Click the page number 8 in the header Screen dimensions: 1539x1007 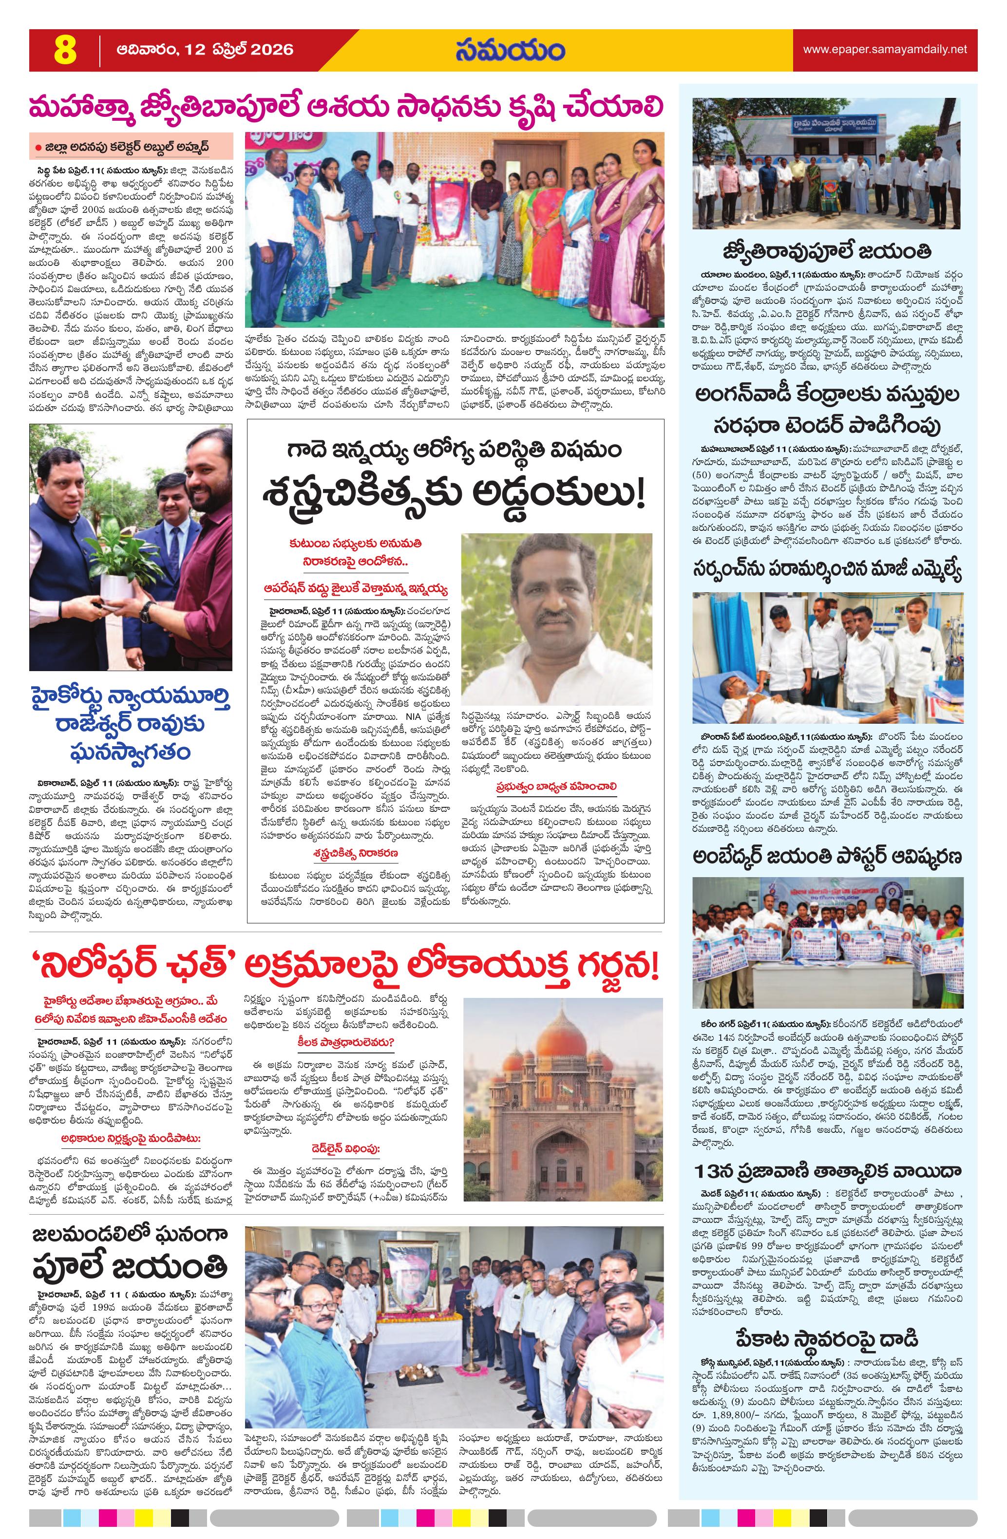click(65, 51)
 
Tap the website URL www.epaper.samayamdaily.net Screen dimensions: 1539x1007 click(884, 49)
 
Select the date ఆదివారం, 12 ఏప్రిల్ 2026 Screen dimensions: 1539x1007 click(205, 50)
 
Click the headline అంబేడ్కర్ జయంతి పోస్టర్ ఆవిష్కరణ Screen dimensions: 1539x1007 click(827, 857)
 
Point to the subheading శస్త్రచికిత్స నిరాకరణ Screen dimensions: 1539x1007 click(357, 853)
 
